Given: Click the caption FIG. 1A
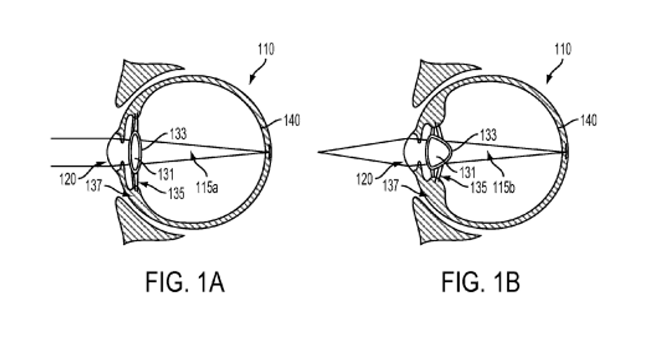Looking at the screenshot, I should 184,282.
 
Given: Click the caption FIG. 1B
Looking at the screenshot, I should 480,282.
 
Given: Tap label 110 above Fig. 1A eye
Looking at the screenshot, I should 265,49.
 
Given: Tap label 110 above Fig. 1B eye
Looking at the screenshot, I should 562,49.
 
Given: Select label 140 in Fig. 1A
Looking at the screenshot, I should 292,120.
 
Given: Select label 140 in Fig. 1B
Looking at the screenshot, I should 588,120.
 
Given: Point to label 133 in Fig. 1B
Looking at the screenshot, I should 487,135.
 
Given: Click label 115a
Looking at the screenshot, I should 206,187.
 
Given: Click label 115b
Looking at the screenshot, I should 503,187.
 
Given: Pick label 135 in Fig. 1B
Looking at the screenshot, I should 477,187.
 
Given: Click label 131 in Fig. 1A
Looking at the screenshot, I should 166,174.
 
